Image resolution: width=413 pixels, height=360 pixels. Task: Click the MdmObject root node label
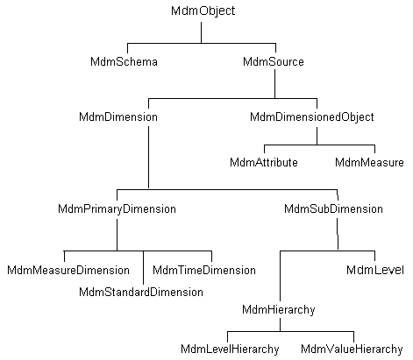tap(201, 11)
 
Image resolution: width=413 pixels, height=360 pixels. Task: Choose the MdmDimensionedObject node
tap(312, 116)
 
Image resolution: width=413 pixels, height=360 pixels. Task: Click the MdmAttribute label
tap(264, 162)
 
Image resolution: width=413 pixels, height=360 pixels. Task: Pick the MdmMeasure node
tap(369, 162)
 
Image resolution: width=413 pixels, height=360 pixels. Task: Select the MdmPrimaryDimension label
tap(117, 209)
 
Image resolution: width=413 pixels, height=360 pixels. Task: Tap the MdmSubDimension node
tap(334, 209)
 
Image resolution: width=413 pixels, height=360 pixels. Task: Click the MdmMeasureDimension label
tap(68, 270)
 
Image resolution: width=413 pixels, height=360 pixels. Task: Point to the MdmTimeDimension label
tap(204, 270)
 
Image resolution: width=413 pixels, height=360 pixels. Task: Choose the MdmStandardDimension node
tap(141, 291)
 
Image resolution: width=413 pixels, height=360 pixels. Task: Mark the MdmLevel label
tap(374, 270)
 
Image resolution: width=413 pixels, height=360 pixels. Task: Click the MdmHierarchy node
tap(279, 309)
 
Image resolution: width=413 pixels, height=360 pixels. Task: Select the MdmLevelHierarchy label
tap(230, 349)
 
